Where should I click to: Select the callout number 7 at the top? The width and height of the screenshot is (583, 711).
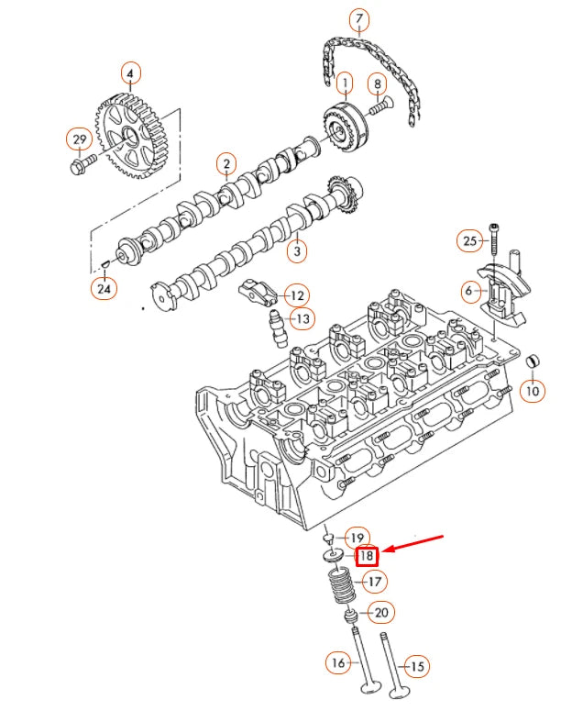click(358, 19)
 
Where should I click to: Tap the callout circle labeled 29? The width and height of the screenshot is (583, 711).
click(78, 139)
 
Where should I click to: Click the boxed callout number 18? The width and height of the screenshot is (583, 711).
click(367, 556)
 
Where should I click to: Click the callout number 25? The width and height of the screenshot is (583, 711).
click(469, 241)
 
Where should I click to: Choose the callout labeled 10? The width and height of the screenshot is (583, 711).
click(532, 391)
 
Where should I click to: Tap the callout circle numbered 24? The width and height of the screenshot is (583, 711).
click(103, 289)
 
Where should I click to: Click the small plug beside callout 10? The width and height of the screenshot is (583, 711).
click(531, 360)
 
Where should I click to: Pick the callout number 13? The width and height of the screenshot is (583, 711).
click(302, 318)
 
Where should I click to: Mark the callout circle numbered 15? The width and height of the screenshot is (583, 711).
click(417, 667)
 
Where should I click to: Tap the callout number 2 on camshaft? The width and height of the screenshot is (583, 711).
click(225, 165)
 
